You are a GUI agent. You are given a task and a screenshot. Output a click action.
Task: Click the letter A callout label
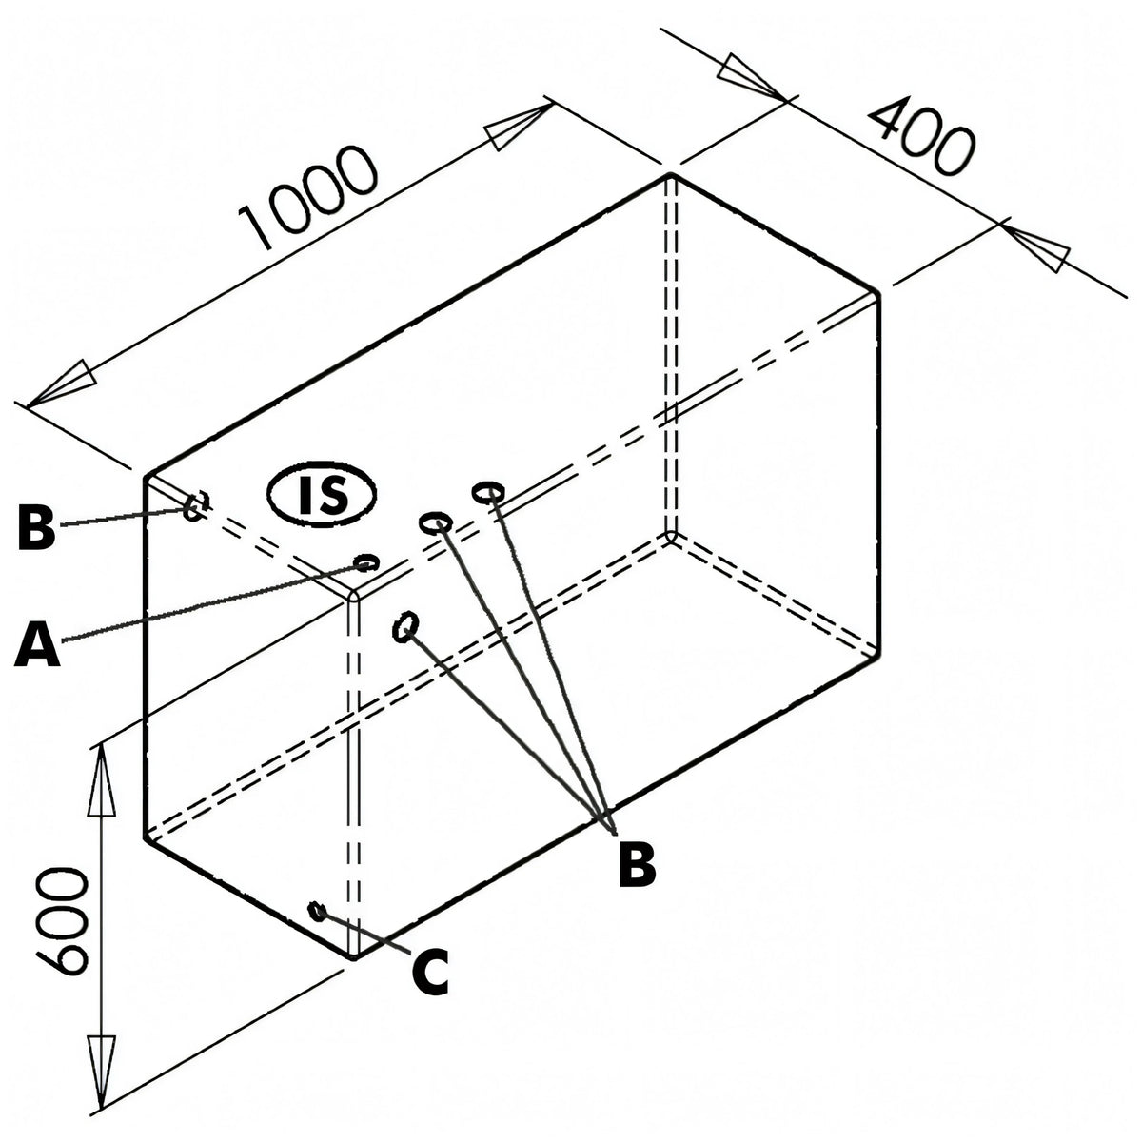[x=37, y=641]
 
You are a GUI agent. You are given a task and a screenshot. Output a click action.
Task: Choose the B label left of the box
[x=36, y=526]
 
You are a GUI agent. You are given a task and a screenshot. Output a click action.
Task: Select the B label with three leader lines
[x=637, y=865]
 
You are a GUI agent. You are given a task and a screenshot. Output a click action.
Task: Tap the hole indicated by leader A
[x=365, y=561]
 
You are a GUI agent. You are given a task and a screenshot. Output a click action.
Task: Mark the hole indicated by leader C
[x=318, y=911]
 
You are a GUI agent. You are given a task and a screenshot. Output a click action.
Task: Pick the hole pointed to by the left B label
[x=196, y=505]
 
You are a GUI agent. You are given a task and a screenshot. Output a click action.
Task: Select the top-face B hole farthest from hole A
[x=488, y=491]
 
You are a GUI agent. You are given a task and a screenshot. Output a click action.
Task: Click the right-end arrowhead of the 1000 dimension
[x=518, y=127]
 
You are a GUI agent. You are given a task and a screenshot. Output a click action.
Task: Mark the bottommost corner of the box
[x=353, y=957]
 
